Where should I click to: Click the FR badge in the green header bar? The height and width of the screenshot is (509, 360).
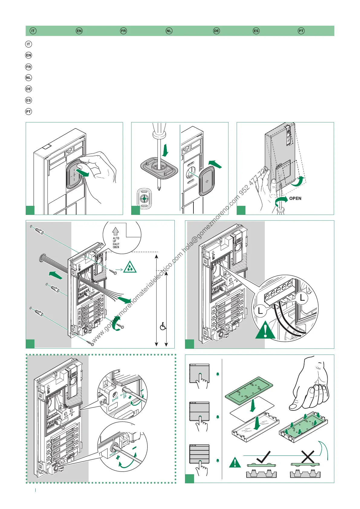[x=123, y=31]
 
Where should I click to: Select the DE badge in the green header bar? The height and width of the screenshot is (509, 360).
[x=216, y=31]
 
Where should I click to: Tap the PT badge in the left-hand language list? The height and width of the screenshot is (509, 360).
[x=28, y=112]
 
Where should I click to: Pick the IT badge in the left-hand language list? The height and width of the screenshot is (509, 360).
[x=28, y=44]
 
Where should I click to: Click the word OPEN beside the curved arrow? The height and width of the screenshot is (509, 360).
[x=295, y=198]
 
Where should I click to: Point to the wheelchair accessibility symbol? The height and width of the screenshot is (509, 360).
[x=163, y=326]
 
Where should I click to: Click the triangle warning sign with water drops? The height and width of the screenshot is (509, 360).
[x=130, y=267]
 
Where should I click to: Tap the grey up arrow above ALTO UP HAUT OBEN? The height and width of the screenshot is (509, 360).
[x=115, y=231]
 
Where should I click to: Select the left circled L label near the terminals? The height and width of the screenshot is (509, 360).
[x=260, y=311]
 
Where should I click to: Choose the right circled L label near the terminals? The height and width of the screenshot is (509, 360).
[x=302, y=298]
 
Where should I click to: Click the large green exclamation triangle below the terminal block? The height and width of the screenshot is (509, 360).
[x=265, y=330]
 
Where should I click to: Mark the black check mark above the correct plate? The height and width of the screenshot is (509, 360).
[x=263, y=457]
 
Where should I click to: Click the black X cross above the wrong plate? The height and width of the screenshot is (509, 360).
[x=307, y=457]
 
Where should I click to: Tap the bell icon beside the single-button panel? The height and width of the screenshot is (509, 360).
[x=218, y=374]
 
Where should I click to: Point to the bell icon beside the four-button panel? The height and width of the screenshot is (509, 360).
[x=218, y=461]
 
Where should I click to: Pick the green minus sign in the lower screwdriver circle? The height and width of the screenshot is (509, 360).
[x=135, y=448]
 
